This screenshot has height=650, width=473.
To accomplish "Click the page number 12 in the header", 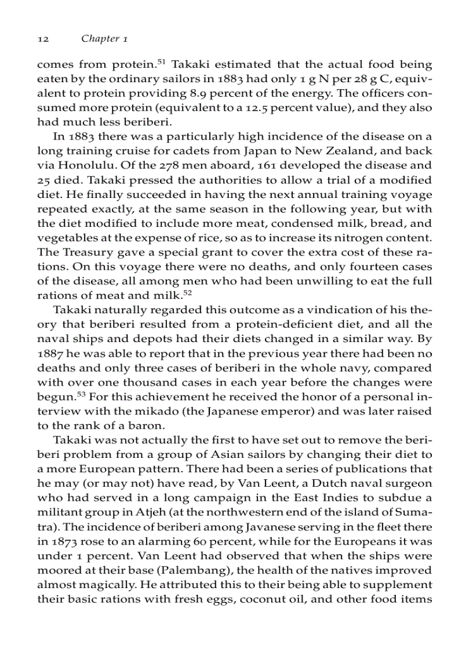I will coord(42,39).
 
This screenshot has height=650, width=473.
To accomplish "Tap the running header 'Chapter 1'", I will coord(104,39).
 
